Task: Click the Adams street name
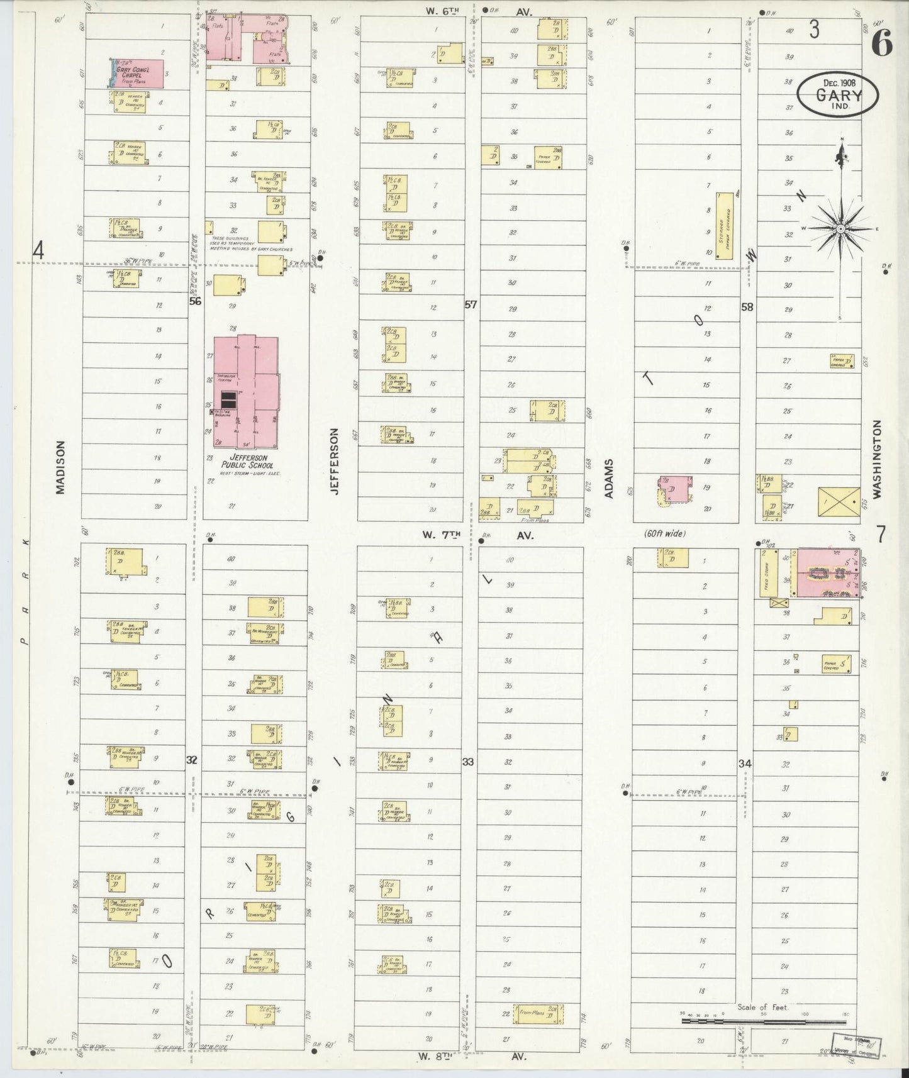609,479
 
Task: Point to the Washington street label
877,459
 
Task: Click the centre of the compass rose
840,230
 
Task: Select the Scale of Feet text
762,1007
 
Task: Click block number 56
196,301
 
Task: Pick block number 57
471,305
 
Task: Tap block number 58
747,307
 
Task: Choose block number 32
192,760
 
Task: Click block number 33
467,762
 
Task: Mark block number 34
745,763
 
